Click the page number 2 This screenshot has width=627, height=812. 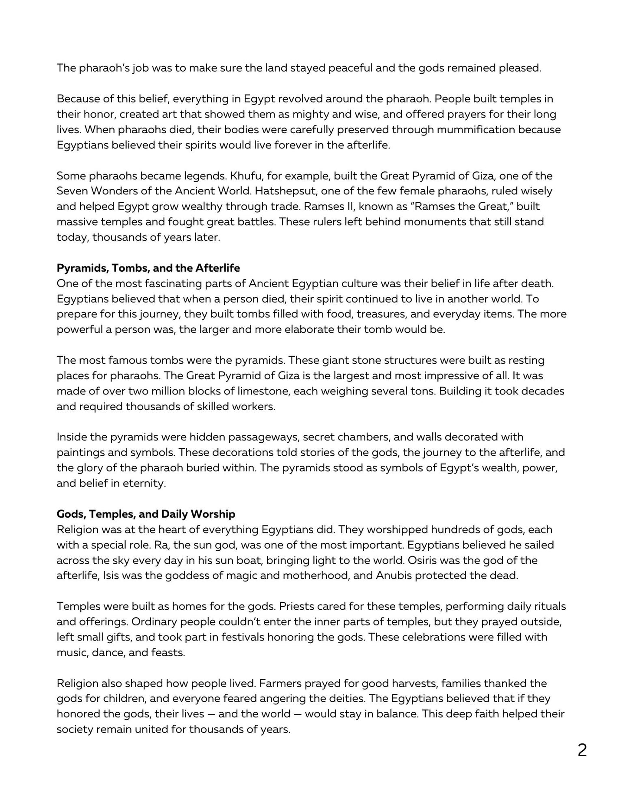tap(582, 750)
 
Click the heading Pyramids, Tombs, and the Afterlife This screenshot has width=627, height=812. tap(148, 268)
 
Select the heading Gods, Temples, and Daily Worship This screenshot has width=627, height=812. tap(146, 514)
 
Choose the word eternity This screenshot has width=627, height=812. tap(142, 483)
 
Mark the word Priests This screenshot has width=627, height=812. tap(296, 606)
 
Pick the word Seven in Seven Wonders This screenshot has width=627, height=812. tap(71, 191)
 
